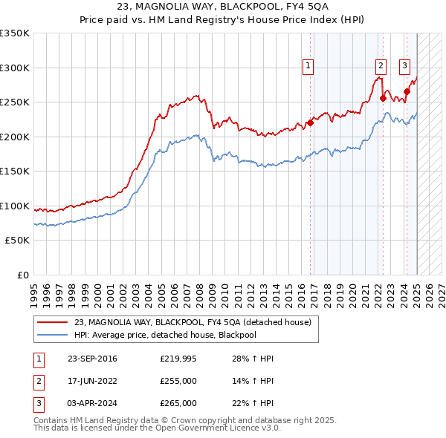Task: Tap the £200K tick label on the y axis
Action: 15,137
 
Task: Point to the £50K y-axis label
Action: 17,241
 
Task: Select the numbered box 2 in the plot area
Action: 380,65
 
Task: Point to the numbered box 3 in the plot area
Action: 405,65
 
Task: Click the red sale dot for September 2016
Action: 311,123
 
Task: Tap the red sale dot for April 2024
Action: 407,92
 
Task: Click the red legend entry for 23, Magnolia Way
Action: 197,322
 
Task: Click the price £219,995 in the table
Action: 178,359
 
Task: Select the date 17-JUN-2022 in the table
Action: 92,382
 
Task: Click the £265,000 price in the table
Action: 178,403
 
